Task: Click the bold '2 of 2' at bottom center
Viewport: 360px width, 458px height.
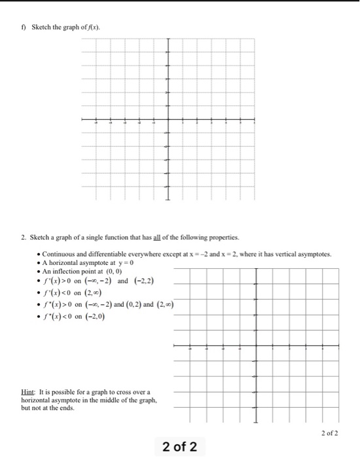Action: point(179,446)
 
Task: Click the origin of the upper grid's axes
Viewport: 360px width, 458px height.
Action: point(168,120)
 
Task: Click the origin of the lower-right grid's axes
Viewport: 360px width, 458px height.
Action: point(255,345)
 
